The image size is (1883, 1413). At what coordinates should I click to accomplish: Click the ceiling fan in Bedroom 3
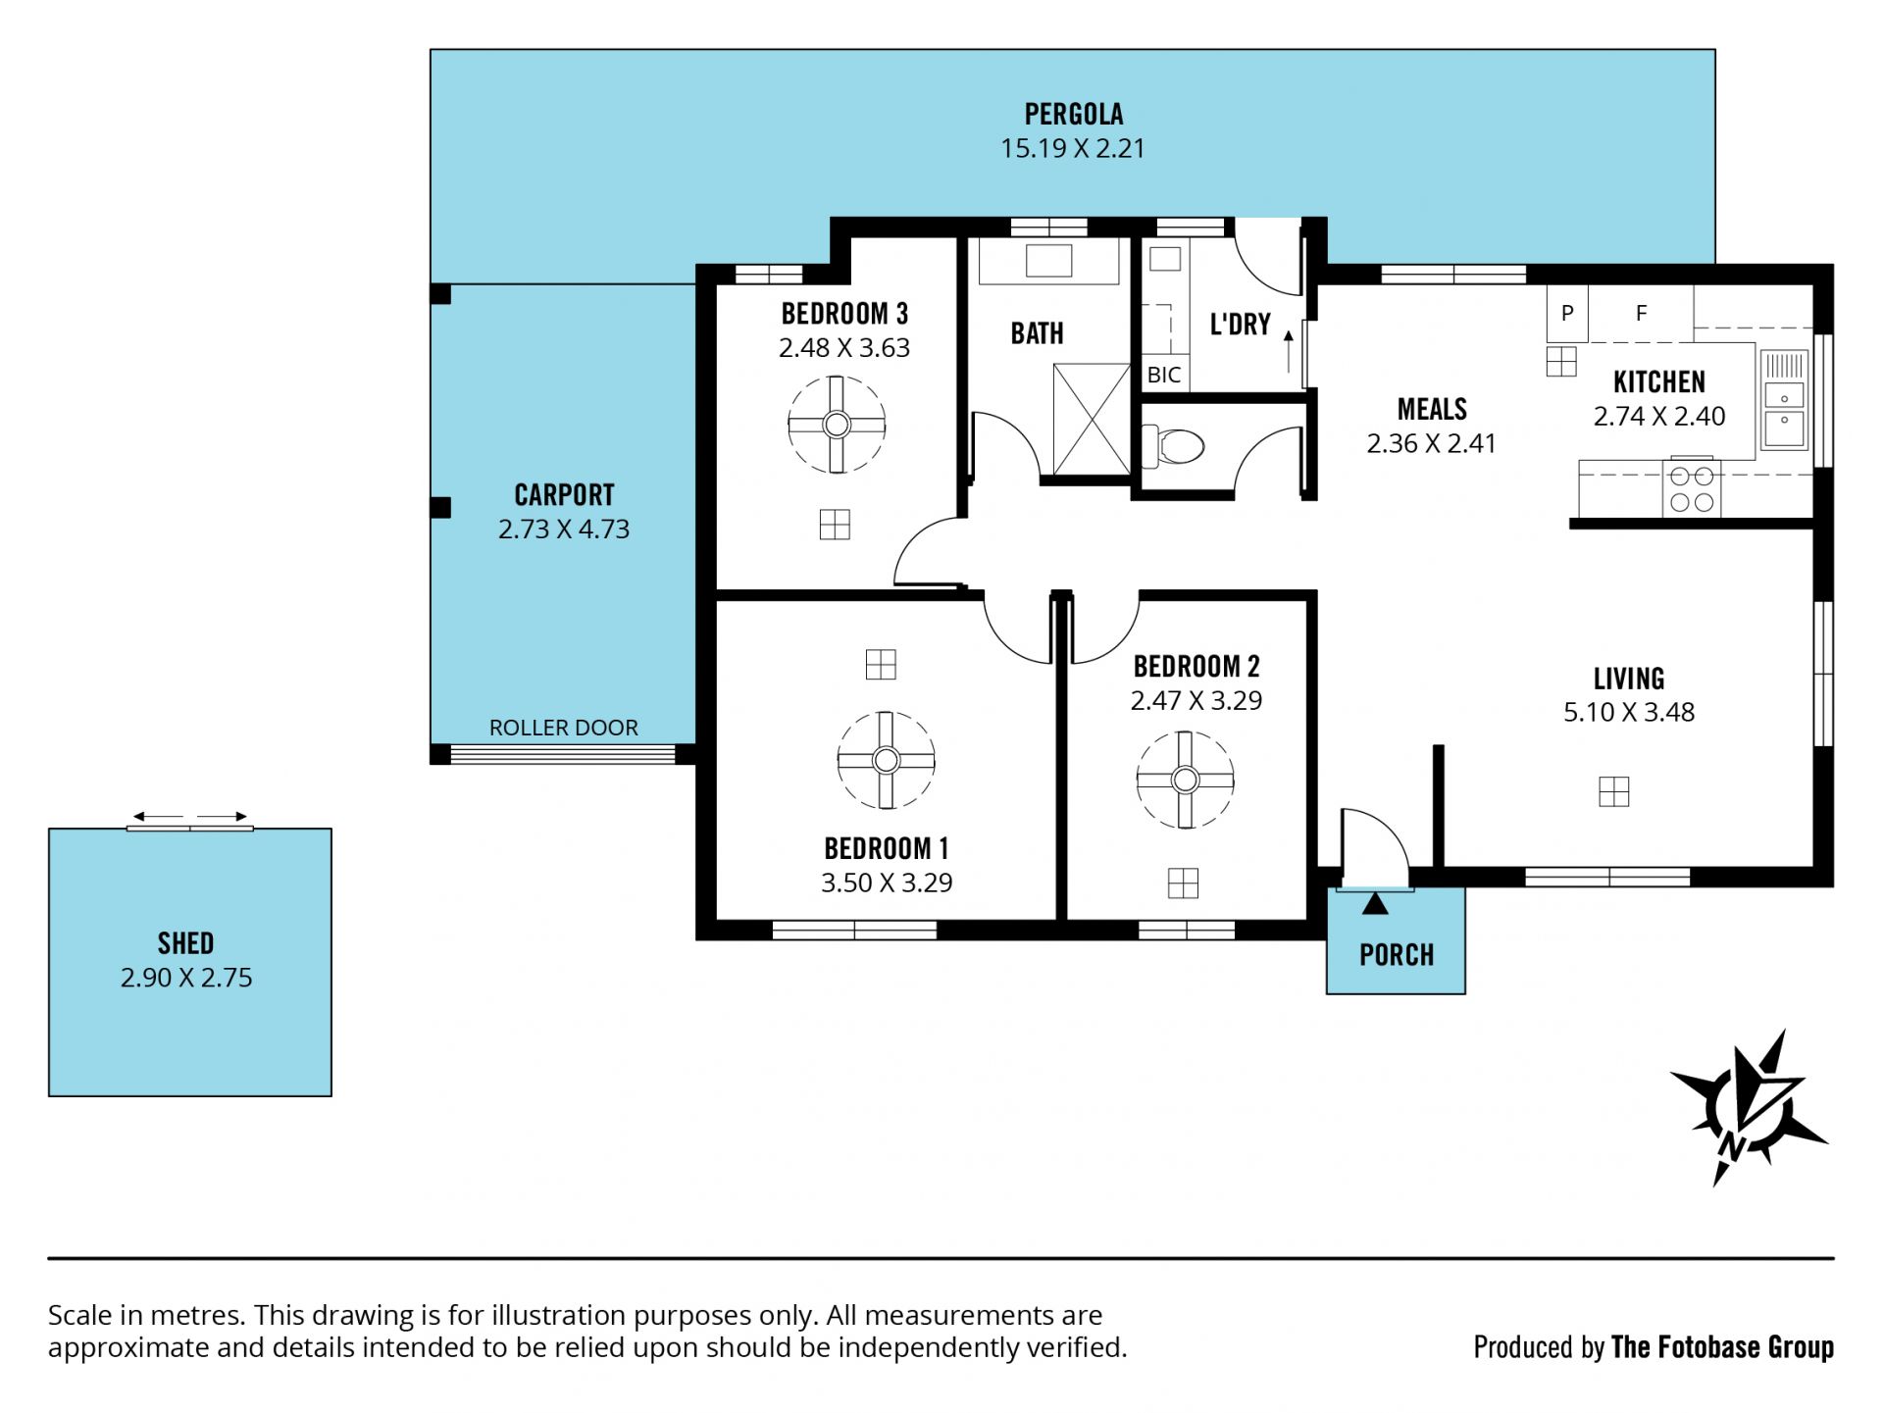tap(837, 425)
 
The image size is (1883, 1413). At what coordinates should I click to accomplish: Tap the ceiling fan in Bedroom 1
tap(886, 760)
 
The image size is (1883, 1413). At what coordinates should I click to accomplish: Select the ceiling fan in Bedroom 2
tap(1185, 780)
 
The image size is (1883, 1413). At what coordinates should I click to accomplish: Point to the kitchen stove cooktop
tap(1692, 488)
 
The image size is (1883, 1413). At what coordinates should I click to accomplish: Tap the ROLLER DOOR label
tap(563, 728)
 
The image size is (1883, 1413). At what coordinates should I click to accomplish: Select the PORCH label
tap(1397, 954)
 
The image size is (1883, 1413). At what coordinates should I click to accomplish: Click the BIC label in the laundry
tap(1164, 375)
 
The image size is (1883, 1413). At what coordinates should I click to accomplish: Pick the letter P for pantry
tap(1567, 313)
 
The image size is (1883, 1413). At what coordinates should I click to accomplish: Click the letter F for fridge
tap(1641, 313)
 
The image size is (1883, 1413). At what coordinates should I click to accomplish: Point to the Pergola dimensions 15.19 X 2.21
tap(1073, 148)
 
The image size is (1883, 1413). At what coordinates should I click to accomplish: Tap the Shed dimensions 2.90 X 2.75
tap(186, 978)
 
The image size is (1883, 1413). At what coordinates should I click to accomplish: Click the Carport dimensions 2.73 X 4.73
tap(564, 529)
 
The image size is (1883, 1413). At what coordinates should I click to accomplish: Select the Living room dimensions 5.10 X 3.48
tap(1629, 712)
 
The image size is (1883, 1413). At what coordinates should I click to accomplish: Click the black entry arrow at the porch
tap(1375, 903)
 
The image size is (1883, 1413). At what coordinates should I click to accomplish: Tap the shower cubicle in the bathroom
tap(1092, 420)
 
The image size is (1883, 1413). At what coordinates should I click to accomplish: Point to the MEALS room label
tap(1432, 409)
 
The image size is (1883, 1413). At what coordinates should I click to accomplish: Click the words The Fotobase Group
tap(1722, 1347)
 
